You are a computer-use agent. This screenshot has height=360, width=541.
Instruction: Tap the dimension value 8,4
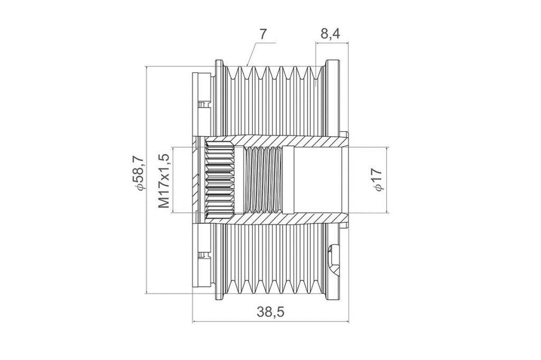tap(330, 34)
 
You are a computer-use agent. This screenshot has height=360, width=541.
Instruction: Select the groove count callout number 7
tap(263, 34)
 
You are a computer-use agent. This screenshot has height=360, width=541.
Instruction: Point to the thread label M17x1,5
tap(165, 181)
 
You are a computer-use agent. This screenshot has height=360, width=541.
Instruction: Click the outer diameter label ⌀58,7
tap(139, 173)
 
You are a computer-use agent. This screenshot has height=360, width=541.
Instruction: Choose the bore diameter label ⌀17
tap(378, 179)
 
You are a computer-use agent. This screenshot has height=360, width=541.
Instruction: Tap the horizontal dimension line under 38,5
tap(270, 322)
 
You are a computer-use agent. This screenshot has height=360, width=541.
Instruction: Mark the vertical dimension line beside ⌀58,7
tap(147, 179)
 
